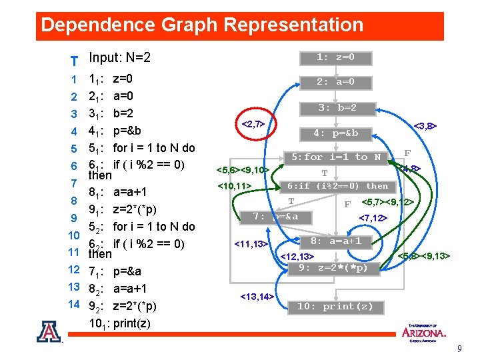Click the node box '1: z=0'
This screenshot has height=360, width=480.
335,57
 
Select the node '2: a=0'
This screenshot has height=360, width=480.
335,83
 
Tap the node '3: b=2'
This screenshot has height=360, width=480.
337,107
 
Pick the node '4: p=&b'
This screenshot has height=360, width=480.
336,133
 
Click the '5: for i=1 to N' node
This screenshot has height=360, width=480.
336,157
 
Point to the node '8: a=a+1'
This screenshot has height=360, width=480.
336,241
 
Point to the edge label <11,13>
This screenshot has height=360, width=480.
251,244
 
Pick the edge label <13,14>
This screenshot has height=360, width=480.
256,295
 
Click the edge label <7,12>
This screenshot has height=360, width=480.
373,217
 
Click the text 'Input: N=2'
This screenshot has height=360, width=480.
120,58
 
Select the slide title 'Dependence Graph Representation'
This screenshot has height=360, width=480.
202,25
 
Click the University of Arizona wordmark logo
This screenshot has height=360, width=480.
423,331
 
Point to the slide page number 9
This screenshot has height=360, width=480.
459,349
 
